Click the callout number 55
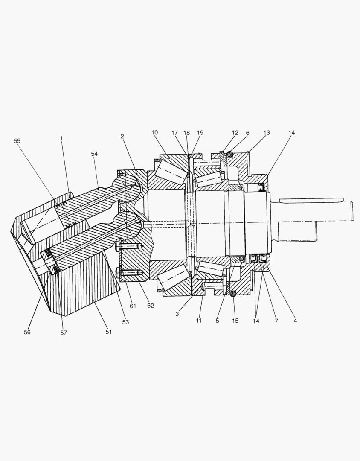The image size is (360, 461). coord(17,140)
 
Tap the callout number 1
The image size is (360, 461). coord(61,138)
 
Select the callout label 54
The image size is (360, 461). coord(94,154)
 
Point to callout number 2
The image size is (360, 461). coord(122,136)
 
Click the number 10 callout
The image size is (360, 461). coord(154,133)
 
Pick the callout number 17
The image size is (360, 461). coord(174,133)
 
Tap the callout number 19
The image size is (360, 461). coord(200,133)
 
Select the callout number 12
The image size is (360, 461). coord(235,133)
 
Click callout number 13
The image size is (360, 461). coord(267,133)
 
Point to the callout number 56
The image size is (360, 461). coord(27,332)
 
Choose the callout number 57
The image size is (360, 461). coord(63,333)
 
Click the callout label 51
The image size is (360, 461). coord(108,332)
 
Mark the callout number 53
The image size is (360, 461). coord(125,322)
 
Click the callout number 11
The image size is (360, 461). coord(199,320)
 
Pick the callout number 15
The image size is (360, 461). coord(235,320)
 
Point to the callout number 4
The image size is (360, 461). coord(295,320)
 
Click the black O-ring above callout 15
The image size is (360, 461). coord(232,294)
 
